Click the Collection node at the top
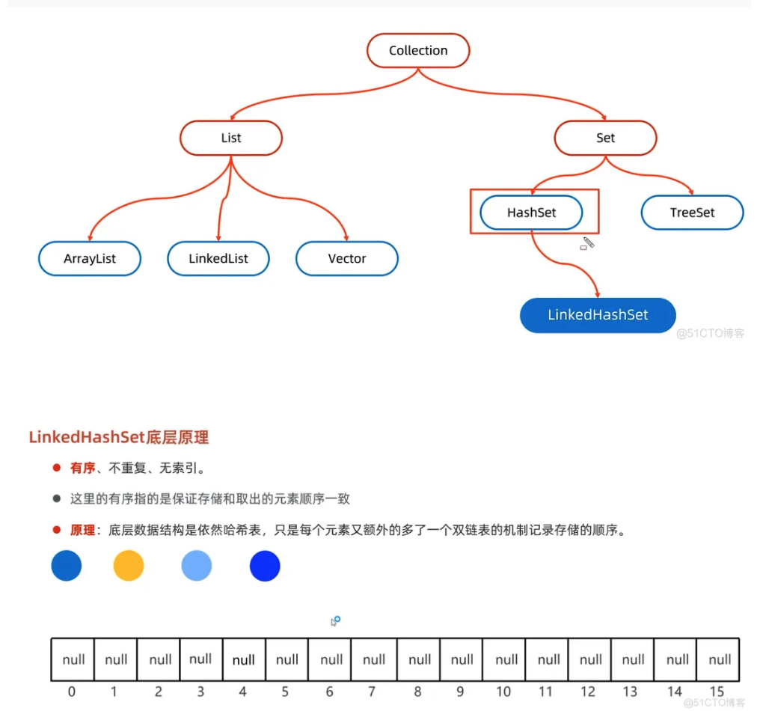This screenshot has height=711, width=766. pyautogui.click(x=418, y=51)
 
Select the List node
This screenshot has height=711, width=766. pyautogui.click(x=231, y=138)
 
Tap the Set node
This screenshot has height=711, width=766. pyautogui.click(x=605, y=138)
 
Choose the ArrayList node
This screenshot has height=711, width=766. pyautogui.click(x=90, y=259)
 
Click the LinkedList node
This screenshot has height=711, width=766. pyautogui.click(x=218, y=259)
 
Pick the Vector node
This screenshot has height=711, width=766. pyautogui.click(x=347, y=259)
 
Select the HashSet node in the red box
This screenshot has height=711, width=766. pyautogui.click(x=532, y=213)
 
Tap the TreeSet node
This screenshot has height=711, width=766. pyautogui.click(x=692, y=213)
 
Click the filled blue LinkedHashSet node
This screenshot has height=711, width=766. pyautogui.click(x=598, y=315)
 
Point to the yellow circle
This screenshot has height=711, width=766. pyautogui.click(x=129, y=566)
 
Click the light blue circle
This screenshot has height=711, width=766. pyautogui.click(x=197, y=566)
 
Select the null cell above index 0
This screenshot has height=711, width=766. pyautogui.click(x=73, y=659)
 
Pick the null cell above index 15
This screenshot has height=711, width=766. pyautogui.click(x=720, y=659)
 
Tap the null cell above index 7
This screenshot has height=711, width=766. pyautogui.click(x=374, y=659)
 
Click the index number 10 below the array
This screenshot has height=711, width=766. pyautogui.click(x=503, y=692)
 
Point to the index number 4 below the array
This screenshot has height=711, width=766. pyautogui.click(x=244, y=692)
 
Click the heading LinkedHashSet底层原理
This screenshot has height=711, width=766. pyautogui.click(x=119, y=437)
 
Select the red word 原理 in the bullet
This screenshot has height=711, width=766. pyautogui.click(x=82, y=530)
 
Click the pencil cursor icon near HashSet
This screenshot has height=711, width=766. pyautogui.click(x=588, y=243)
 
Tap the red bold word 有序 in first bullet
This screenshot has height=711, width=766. pyautogui.click(x=82, y=468)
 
